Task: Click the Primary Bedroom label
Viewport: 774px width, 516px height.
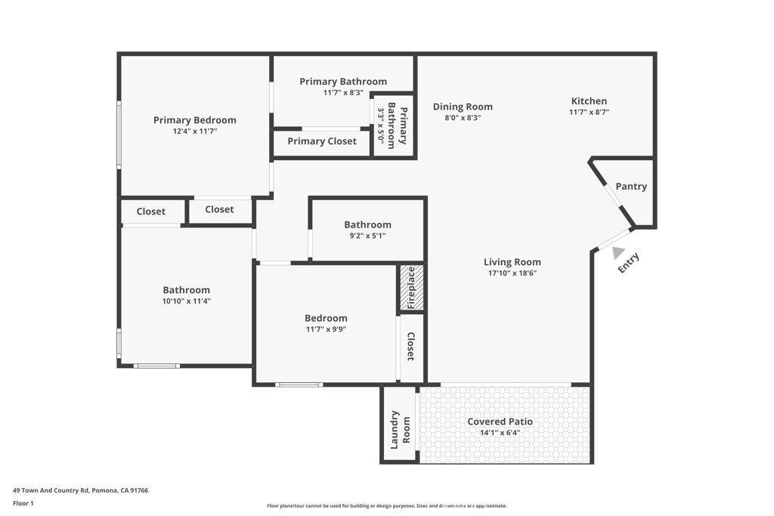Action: [x=194, y=120]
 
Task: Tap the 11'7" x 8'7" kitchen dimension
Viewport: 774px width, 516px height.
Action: [x=589, y=112]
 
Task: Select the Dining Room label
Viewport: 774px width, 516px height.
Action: [x=463, y=107]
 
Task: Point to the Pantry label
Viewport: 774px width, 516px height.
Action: [x=631, y=187]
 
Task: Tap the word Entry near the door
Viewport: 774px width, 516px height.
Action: [x=629, y=263]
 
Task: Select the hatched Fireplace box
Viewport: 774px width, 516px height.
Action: [x=411, y=288]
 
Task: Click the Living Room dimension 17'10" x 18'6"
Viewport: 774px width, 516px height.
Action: [x=512, y=273]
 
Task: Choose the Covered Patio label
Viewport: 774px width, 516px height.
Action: [x=500, y=422]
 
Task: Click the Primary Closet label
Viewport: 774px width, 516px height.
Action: [x=322, y=141]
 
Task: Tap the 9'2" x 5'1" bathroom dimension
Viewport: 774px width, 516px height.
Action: [x=367, y=235]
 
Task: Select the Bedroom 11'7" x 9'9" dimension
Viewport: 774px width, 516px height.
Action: [x=326, y=329]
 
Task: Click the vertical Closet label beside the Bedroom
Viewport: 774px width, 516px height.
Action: [x=411, y=347]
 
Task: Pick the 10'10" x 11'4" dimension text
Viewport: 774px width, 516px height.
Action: [x=187, y=301]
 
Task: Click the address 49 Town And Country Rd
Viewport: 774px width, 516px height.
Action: [x=80, y=490]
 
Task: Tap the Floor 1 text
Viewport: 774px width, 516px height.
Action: [x=23, y=502]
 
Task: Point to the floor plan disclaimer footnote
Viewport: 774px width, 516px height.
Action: [x=386, y=506]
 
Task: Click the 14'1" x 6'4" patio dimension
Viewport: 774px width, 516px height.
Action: [x=500, y=433]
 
